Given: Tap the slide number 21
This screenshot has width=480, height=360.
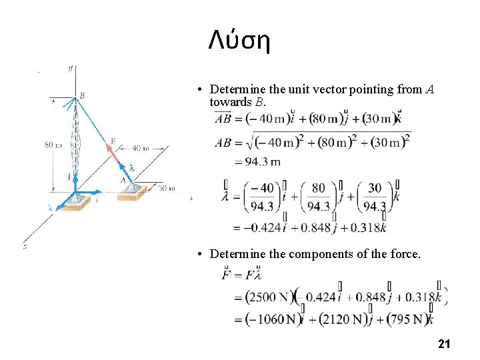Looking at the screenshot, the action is click(444, 344).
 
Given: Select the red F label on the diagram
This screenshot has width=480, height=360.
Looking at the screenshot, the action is click(113, 141).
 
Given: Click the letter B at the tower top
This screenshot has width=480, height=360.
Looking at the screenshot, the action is click(82, 95).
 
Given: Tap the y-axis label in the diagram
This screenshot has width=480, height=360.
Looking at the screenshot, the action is click(70, 67).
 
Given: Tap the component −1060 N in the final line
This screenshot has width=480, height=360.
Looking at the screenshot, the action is click(265, 319).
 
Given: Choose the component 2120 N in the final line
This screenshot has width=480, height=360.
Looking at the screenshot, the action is click(341, 319).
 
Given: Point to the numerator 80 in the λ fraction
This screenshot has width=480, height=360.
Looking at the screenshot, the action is click(319, 188).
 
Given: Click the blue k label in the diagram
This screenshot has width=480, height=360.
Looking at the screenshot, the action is click(50, 207).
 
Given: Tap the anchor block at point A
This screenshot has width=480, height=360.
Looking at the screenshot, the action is click(132, 193).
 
